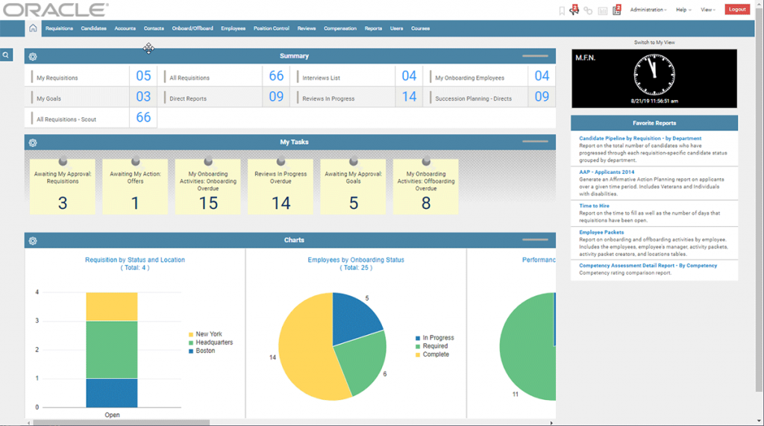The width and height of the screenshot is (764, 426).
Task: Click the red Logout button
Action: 737,10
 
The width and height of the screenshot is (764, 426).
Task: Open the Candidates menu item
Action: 93,28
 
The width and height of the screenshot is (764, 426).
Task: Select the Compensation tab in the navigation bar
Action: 339,28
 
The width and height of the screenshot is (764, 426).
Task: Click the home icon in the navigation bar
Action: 33,28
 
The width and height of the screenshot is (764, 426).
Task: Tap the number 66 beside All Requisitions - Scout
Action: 143,118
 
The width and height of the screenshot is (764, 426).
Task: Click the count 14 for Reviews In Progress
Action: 409,97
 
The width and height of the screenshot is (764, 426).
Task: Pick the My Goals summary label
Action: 48,98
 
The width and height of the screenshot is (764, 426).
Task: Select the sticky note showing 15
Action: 208,187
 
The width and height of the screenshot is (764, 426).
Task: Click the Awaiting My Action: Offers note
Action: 135,187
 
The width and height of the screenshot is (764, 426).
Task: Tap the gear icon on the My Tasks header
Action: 33,142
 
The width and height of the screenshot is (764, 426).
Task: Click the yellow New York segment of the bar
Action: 112,306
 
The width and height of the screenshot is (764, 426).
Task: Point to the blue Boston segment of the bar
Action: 112,393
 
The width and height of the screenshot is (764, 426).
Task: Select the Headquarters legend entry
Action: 213,342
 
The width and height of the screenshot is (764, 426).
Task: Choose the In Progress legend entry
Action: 438,338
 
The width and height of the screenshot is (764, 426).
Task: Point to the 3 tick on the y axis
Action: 37,321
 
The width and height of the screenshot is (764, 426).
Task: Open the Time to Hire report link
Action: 594,205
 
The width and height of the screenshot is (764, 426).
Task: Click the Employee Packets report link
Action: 601,232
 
